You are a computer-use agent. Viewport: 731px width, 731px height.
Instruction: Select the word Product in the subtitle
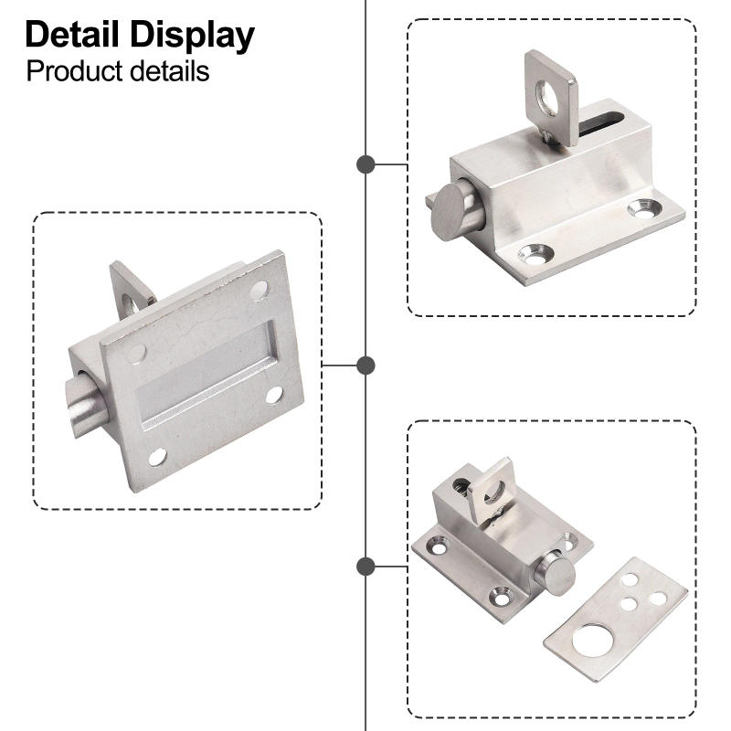(x=72, y=70)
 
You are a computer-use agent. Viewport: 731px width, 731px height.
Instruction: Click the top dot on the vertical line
(x=365, y=164)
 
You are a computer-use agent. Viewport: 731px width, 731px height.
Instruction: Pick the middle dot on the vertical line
(x=365, y=365)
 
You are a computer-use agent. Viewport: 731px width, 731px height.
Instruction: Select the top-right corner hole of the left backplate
(x=260, y=290)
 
